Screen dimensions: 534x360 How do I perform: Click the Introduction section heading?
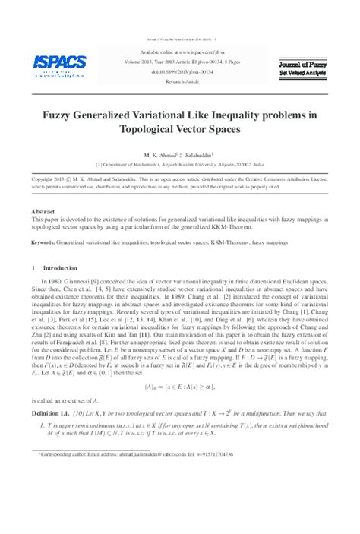[x=55, y=268]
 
